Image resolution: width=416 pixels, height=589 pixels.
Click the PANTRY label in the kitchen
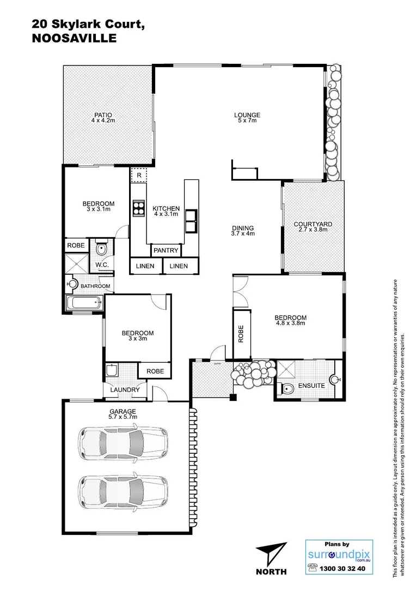166,250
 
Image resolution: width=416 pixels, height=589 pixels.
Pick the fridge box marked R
139,176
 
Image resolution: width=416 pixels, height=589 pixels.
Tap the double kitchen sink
191,220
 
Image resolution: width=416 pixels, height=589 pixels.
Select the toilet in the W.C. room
101,250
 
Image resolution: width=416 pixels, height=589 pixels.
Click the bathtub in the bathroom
83,303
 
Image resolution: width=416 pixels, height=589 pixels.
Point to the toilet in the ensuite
286,388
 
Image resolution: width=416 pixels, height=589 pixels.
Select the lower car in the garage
123,490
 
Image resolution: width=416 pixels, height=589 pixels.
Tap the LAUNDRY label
125,390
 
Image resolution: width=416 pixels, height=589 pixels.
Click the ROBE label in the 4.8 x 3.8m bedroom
240,334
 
